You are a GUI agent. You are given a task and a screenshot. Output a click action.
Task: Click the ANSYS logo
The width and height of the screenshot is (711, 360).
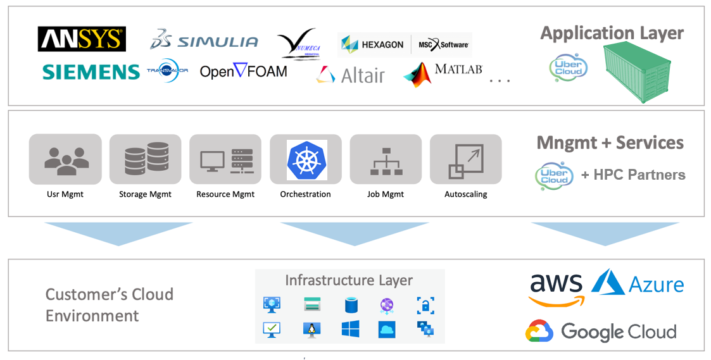click(82, 39)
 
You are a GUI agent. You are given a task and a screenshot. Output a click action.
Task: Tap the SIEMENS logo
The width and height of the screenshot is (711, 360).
click(91, 72)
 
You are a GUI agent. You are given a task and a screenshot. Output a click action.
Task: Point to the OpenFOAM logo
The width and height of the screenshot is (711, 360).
click(243, 71)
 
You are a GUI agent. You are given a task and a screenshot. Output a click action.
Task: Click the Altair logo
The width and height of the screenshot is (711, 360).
click(351, 75)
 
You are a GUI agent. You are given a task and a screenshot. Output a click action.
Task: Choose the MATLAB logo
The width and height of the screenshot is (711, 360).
click(443, 73)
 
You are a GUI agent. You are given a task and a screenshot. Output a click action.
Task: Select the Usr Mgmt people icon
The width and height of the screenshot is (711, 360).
click(65, 159)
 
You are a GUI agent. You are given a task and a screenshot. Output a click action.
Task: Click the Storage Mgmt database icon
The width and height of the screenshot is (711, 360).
click(145, 159)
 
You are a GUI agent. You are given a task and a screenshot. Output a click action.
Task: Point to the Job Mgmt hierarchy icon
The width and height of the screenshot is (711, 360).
click(386, 161)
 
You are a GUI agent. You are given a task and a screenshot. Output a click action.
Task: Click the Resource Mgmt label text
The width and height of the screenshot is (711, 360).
click(225, 194)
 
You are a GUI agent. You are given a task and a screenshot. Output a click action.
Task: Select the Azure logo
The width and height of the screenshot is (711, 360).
click(638, 283)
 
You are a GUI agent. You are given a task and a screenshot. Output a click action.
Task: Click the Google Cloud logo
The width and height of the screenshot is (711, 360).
click(601, 331)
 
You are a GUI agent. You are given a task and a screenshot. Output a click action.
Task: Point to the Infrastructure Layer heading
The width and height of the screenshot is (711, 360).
click(349, 280)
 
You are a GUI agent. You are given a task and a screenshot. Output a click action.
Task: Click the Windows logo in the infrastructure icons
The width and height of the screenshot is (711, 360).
click(350, 328)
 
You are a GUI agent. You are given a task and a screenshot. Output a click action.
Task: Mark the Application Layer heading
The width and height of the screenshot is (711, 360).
click(612, 34)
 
